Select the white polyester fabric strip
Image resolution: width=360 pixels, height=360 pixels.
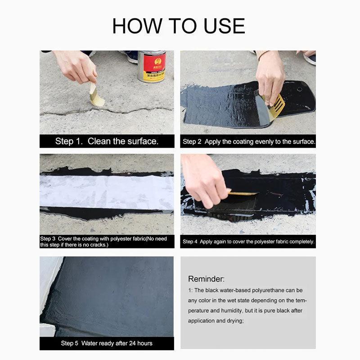click(107, 192)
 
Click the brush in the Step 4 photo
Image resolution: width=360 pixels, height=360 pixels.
click(243, 193)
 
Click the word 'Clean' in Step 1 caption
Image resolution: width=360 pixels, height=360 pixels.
click(99, 141)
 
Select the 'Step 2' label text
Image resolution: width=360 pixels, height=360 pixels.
click(192, 142)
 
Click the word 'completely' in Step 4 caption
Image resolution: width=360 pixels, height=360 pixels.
click(301, 242)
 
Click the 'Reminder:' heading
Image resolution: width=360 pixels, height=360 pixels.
click(206, 279)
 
